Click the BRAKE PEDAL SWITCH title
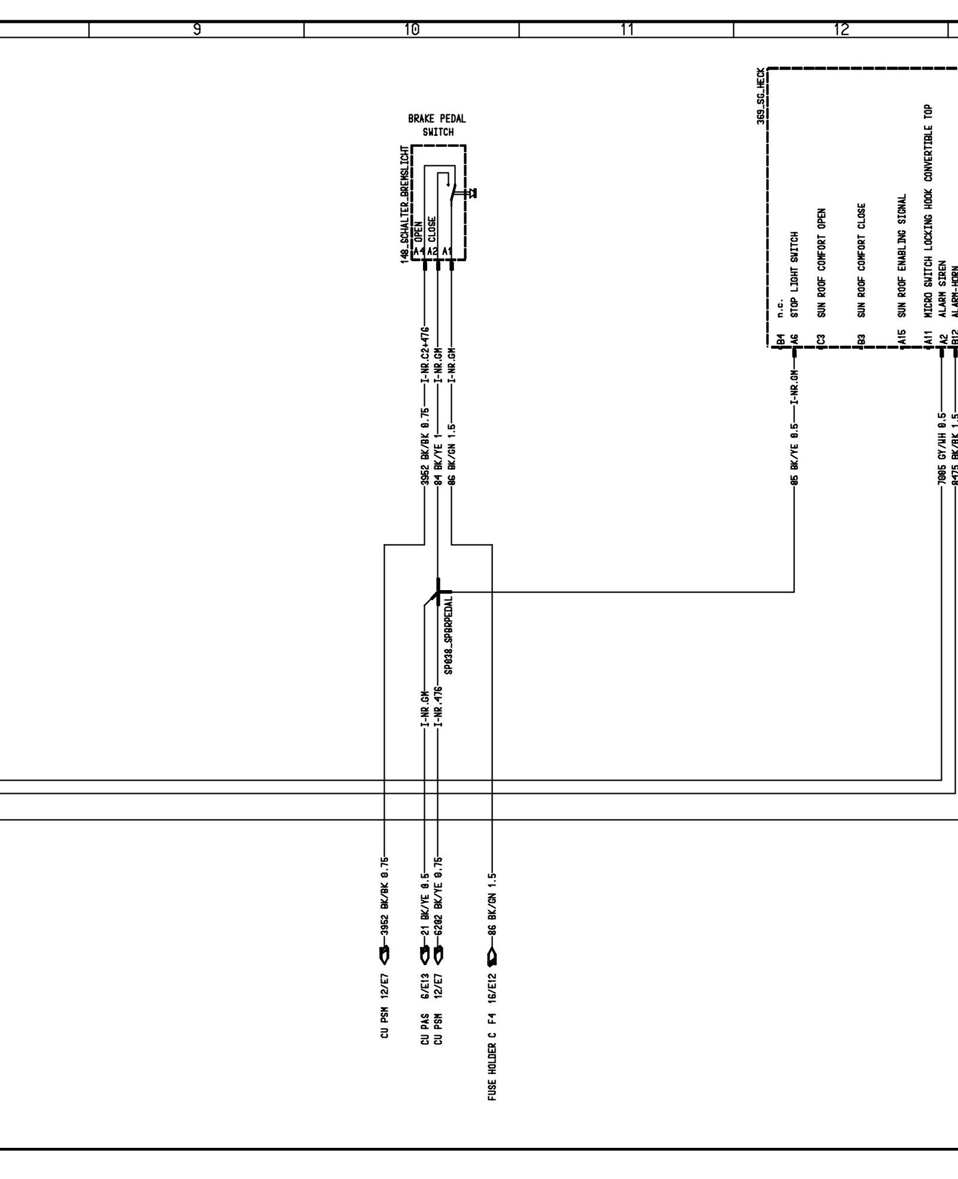(437, 125)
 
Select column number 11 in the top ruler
(627, 29)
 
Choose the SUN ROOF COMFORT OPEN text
(822, 262)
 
